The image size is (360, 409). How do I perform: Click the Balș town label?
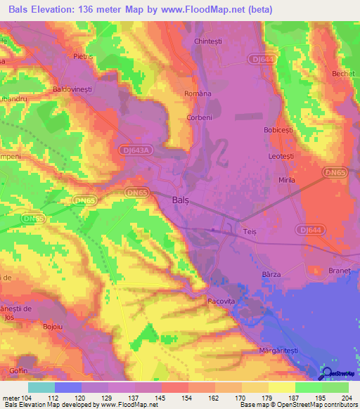point(181,200)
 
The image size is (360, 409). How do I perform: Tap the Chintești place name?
point(209,41)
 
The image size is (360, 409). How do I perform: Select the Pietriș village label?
point(83,55)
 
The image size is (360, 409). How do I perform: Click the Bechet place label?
point(342,73)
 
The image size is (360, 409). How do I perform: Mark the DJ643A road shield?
point(131,151)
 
